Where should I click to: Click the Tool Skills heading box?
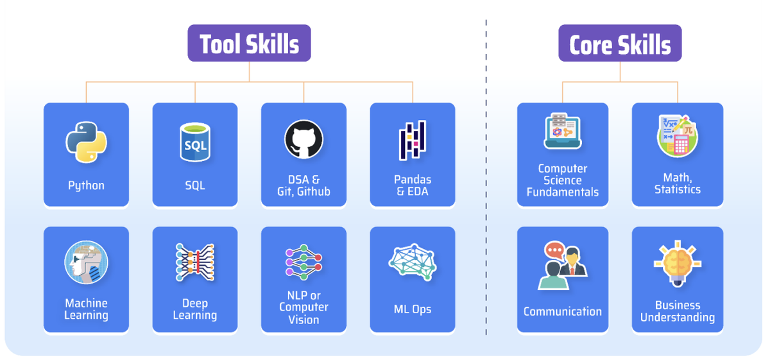pos(249,44)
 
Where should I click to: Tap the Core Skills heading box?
pos(620,44)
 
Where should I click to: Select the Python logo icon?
pos(86,141)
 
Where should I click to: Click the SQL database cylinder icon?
pos(195,142)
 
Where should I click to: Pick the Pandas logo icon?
pos(413,141)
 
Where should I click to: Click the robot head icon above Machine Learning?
pos(86,263)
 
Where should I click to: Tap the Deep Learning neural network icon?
pos(195,262)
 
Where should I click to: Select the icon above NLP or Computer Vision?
pos(304,262)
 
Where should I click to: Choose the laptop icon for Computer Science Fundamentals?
pos(563,132)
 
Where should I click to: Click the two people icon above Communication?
pos(563,265)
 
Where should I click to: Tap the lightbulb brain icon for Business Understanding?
pos(678,265)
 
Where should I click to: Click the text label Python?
pos(86,185)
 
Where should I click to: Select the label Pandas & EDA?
pos(413,185)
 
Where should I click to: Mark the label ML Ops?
pos(413,309)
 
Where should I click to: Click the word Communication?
pos(563,312)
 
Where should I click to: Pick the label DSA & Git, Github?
pos(304,185)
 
